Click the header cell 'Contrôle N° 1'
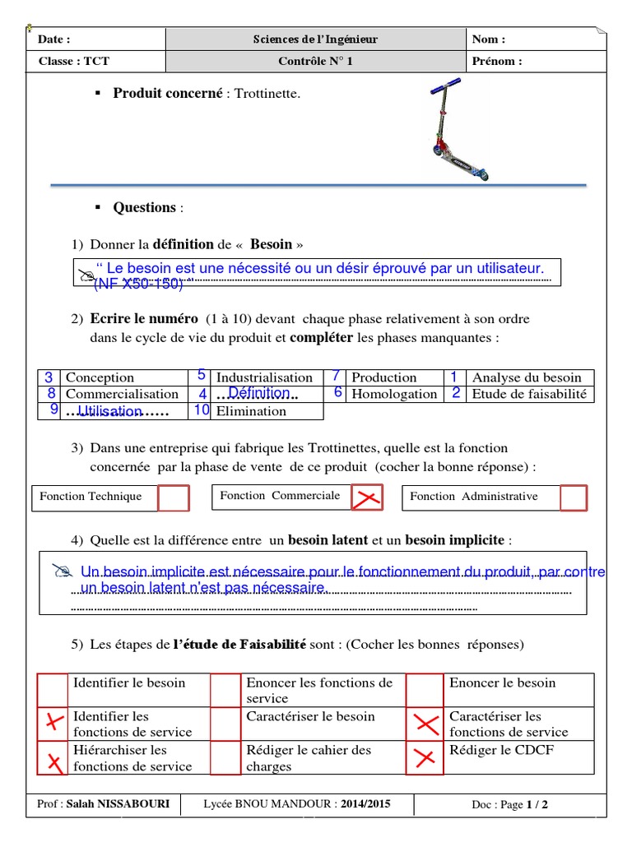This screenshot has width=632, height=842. (x=315, y=61)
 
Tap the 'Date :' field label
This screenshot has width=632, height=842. (x=54, y=39)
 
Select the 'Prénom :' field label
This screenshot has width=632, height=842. (x=497, y=61)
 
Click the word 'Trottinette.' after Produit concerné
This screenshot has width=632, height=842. (x=267, y=94)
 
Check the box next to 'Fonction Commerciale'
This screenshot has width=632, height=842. (x=367, y=497)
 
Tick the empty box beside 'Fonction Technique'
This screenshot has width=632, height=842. (x=174, y=498)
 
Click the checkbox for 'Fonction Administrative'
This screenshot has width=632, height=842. (x=574, y=498)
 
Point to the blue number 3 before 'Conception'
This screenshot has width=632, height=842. (x=49, y=377)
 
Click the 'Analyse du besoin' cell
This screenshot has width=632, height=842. (x=527, y=377)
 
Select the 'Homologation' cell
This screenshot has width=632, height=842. (x=394, y=394)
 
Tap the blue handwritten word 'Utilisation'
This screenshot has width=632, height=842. (x=109, y=409)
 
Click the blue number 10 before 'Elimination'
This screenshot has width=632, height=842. (x=202, y=410)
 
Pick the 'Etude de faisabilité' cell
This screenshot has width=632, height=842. (x=529, y=394)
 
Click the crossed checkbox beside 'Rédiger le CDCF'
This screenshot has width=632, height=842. (x=425, y=757)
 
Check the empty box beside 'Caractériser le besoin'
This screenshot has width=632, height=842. (x=225, y=724)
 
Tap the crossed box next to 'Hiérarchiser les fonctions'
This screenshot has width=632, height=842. (x=54, y=757)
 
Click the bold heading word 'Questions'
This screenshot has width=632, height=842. (x=144, y=207)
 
